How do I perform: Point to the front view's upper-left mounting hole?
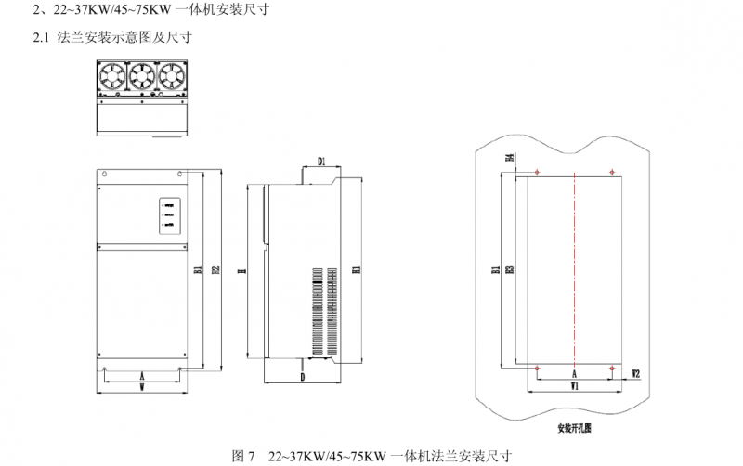pyautogui.click(x=105, y=174)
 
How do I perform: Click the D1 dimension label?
pyautogui.click(x=320, y=161)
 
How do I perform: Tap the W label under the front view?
pyautogui.click(x=141, y=387)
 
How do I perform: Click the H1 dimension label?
pyautogui.click(x=357, y=270)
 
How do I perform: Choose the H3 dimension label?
pyautogui.click(x=510, y=270)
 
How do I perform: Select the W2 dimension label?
pyautogui.click(x=635, y=373)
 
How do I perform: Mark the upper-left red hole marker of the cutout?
pyautogui.click(x=538, y=172)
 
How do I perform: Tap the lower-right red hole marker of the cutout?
pyautogui.click(x=612, y=369)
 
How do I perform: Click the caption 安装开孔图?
pyautogui.click(x=575, y=429)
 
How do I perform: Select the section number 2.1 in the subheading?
pyautogui.click(x=39, y=38)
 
